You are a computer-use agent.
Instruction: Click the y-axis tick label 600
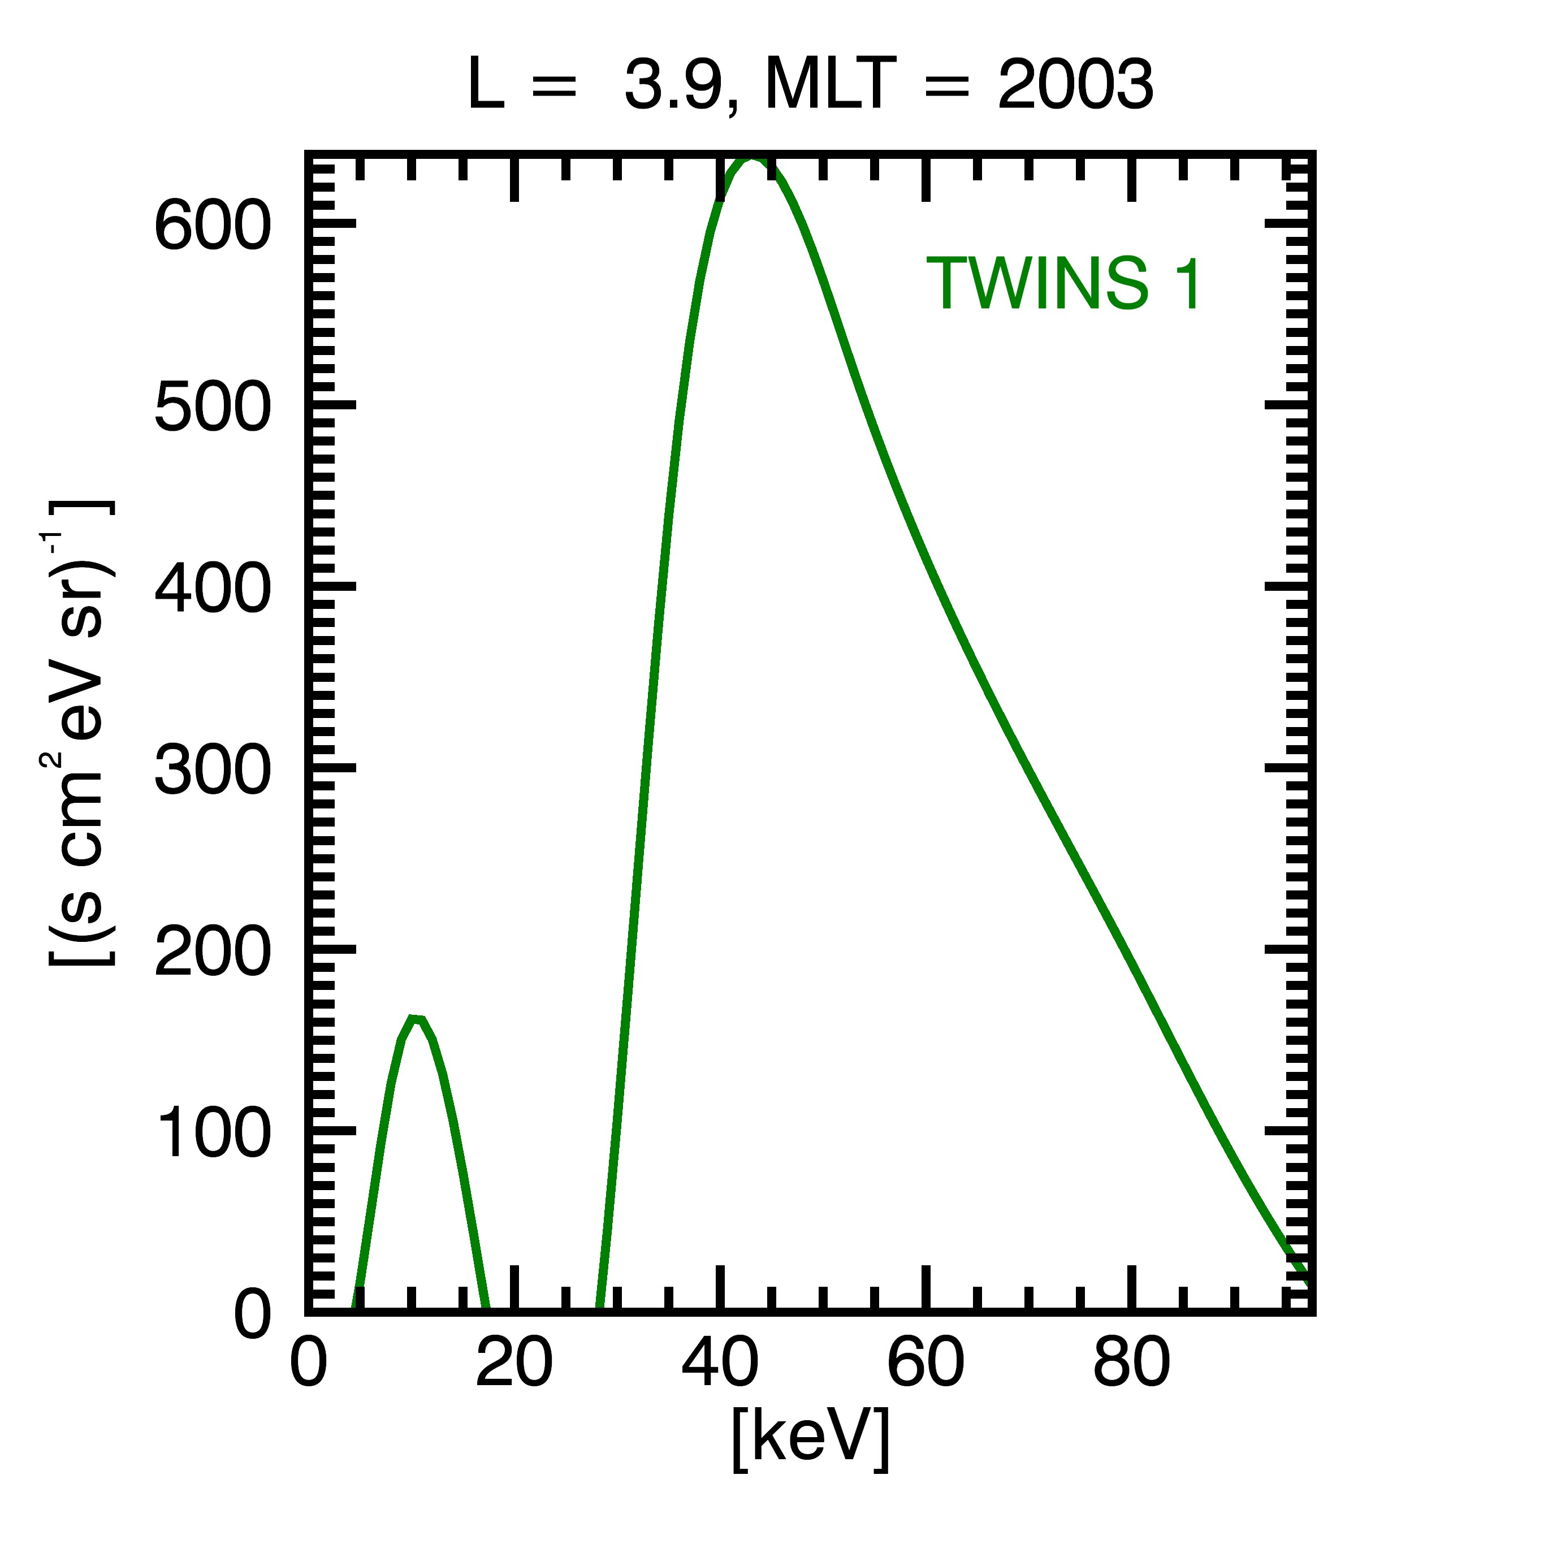(x=213, y=226)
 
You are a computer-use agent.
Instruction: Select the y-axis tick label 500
(x=213, y=408)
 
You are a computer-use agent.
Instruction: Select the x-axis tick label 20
(x=514, y=1362)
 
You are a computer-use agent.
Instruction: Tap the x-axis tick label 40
(x=720, y=1362)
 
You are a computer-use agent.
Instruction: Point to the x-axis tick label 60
(x=925, y=1362)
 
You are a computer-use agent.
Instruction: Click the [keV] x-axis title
(x=810, y=1439)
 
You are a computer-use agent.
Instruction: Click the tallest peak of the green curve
(x=751, y=160)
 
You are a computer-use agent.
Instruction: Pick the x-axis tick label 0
(x=309, y=1362)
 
